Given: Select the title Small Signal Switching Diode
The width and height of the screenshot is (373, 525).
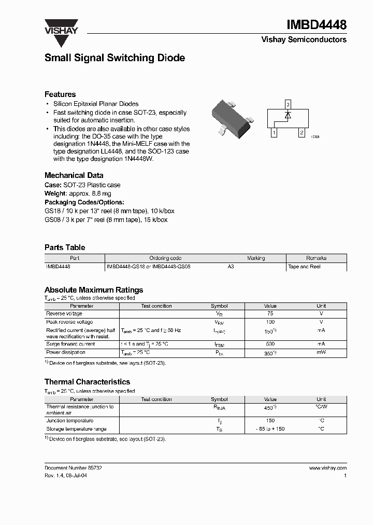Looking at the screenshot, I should [x=114, y=58].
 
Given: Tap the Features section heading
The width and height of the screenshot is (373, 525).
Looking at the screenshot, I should [x=60, y=94].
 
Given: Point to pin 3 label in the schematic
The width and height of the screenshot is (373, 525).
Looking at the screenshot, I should [x=288, y=103].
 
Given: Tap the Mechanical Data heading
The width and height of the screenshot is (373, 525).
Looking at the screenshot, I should [x=74, y=175].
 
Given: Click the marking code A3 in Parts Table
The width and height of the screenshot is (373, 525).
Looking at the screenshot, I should [x=231, y=266].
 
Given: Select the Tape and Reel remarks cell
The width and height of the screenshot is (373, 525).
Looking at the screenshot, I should [x=304, y=266].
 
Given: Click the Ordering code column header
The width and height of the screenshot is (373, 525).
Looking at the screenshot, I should [x=165, y=258].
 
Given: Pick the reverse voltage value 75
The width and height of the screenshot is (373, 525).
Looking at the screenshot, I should [x=270, y=313].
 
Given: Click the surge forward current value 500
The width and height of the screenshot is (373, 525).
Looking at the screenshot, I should [x=270, y=344].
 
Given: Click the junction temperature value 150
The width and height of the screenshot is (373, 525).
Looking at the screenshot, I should [x=270, y=421].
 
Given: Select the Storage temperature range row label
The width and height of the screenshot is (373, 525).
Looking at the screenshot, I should [x=76, y=429].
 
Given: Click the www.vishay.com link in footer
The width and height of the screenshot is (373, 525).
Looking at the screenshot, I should [x=327, y=467].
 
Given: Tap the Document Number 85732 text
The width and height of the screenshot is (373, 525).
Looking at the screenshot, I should [x=73, y=467].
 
